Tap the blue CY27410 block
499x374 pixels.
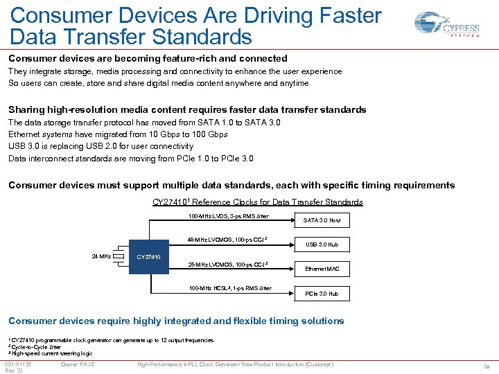(149, 257)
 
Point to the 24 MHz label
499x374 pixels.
(102, 256)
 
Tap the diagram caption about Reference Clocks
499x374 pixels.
(257, 202)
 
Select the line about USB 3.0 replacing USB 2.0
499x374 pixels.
(100, 146)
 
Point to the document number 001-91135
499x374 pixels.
(18, 364)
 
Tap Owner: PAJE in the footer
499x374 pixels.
(78, 364)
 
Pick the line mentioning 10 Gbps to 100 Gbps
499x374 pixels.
(117, 134)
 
